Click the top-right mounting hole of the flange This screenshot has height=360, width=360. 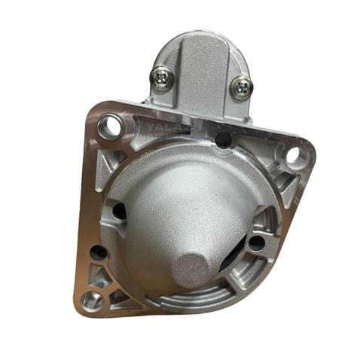point(294,156)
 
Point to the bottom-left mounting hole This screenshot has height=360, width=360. point(92,301)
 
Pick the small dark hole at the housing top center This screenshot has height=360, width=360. point(222,139)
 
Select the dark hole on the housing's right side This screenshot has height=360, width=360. point(256,243)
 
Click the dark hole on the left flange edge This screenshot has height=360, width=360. point(97,252)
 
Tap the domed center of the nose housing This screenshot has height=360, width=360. point(188,203)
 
